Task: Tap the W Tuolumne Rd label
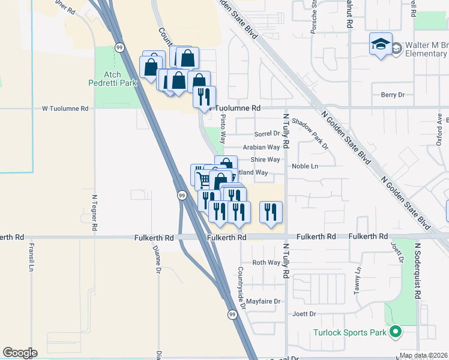click(x=65, y=109)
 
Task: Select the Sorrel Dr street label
click(x=267, y=133)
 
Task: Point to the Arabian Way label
click(x=261, y=146)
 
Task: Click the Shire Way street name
click(x=265, y=160)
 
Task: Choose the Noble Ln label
click(x=305, y=166)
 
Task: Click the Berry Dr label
click(x=393, y=95)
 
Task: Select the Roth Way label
click(x=266, y=263)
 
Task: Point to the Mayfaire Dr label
click(x=264, y=301)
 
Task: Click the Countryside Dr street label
click(x=241, y=287)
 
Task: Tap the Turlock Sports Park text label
click(x=351, y=332)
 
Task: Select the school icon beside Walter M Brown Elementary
click(x=381, y=45)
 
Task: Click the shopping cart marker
click(x=203, y=178)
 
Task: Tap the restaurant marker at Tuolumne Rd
click(x=204, y=95)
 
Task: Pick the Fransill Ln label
click(x=31, y=257)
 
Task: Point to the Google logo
click(x=20, y=353)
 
